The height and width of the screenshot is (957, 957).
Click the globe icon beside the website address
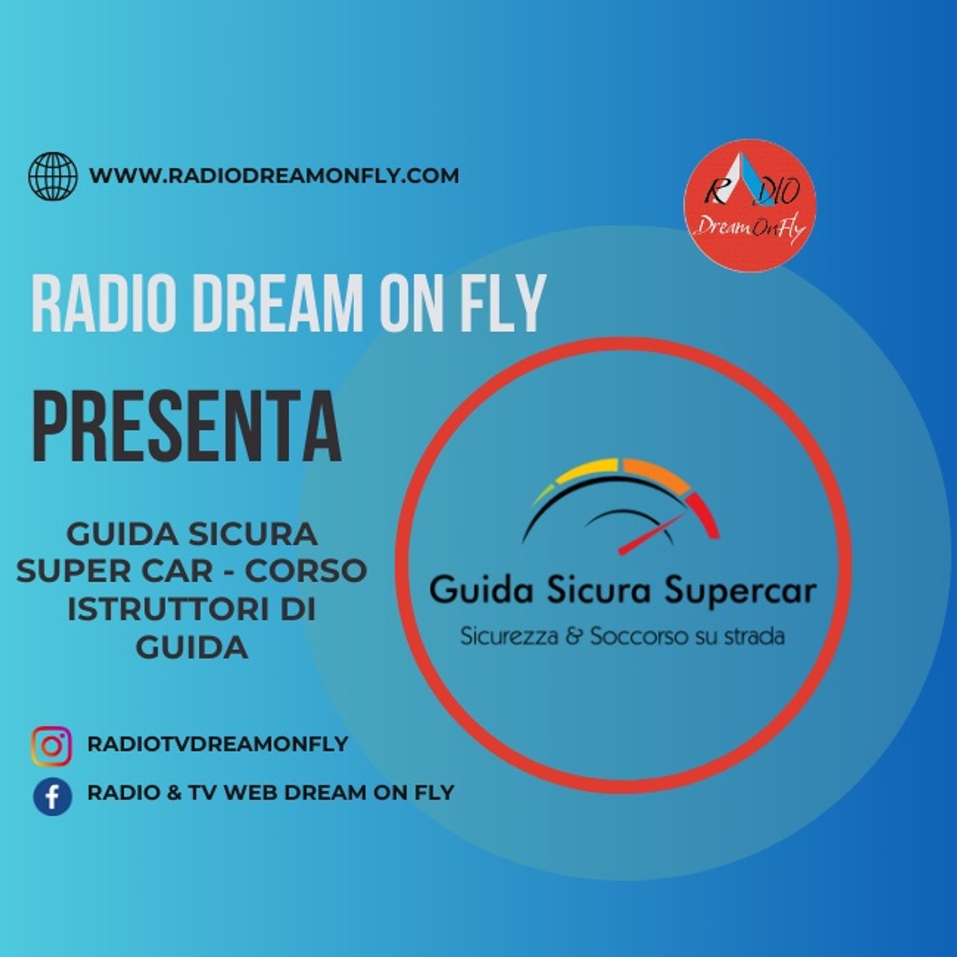pos(53,176)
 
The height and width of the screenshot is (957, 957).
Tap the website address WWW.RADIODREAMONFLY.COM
pos(274,176)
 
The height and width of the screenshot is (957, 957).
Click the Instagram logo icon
pos(51,746)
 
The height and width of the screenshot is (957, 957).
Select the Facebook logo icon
pos(53,797)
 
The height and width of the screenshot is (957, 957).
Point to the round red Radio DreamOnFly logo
pos(750,206)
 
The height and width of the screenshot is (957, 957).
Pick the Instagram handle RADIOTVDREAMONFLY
pos(217,744)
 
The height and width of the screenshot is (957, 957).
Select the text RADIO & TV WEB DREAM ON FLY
pos(271,793)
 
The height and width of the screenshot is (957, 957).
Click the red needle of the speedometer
pos(653,533)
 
